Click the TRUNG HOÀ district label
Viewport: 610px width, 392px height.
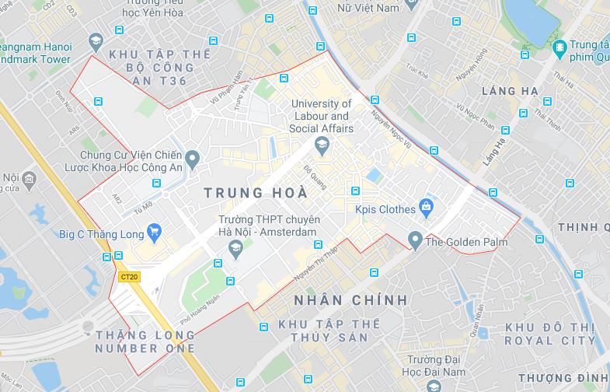[x=254, y=191]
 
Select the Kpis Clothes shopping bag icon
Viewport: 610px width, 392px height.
[x=425, y=207]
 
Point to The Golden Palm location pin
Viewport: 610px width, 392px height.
[x=416, y=239]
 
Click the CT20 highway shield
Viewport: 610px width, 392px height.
[x=129, y=276]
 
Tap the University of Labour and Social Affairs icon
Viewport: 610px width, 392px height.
[x=320, y=145]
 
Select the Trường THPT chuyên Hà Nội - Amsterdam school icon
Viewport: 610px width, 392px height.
[x=235, y=249]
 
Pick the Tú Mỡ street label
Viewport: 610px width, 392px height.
[x=144, y=208]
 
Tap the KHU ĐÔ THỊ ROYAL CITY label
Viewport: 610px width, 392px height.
[x=549, y=334]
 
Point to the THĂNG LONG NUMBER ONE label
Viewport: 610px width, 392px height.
[x=145, y=341]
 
